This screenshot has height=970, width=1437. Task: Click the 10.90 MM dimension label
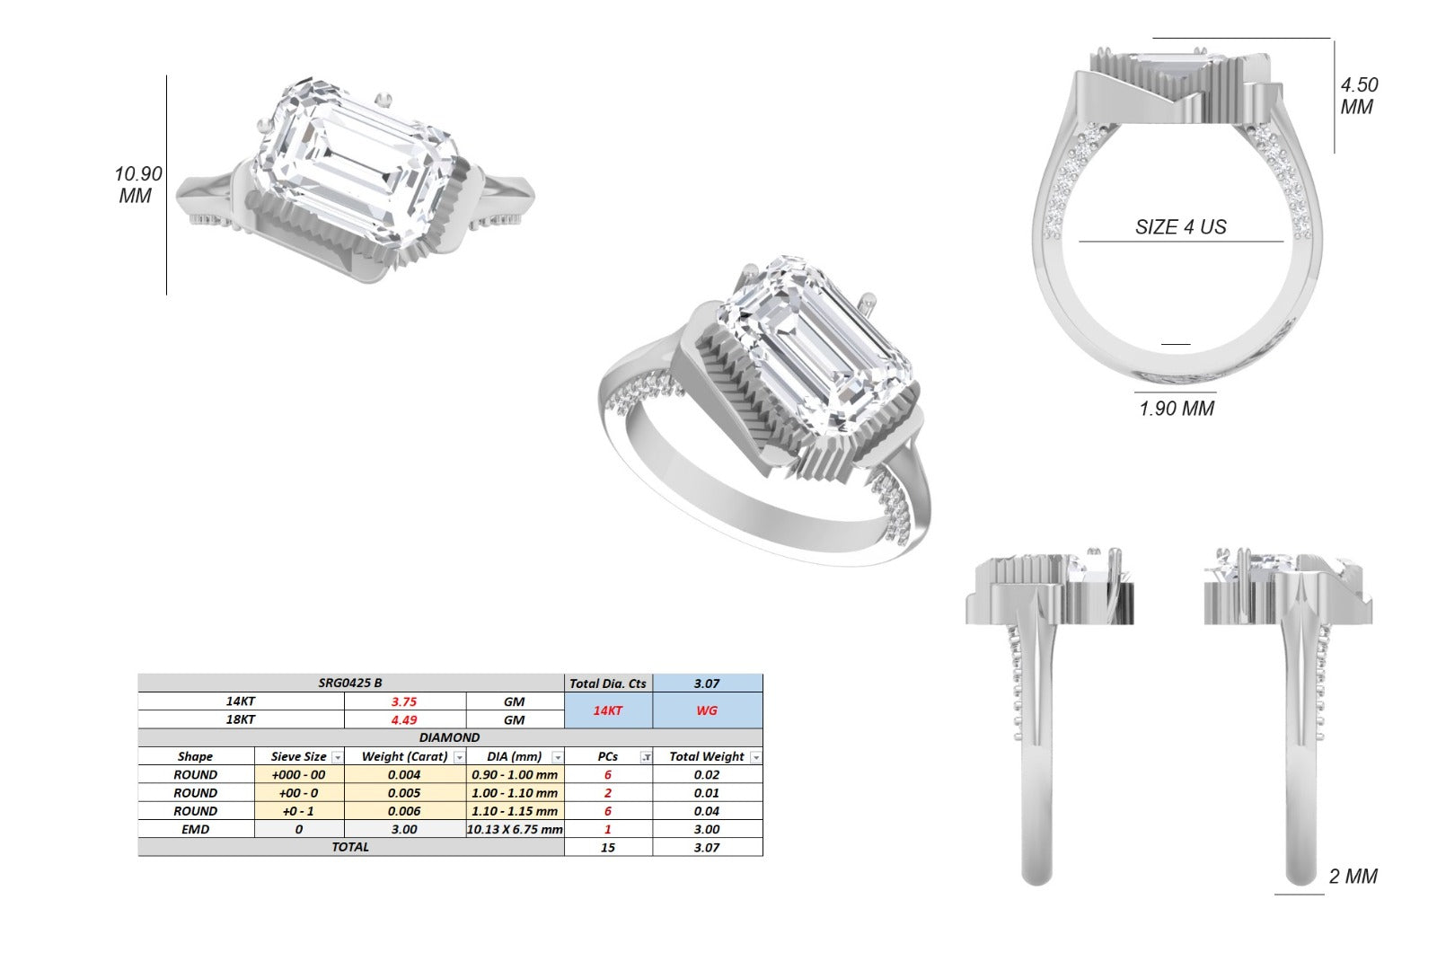pyautogui.click(x=138, y=185)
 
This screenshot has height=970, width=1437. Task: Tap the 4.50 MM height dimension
pyautogui.click(x=1359, y=95)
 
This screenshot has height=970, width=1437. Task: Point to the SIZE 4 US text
pyautogui.click(x=1180, y=226)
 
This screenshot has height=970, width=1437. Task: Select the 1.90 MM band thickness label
pyautogui.click(x=1177, y=408)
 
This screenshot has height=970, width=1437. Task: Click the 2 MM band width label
pyautogui.click(x=1353, y=876)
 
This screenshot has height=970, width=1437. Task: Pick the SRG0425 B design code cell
pyautogui.click(x=350, y=683)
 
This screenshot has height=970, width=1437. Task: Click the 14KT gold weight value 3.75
pyautogui.click(x=404, y=701)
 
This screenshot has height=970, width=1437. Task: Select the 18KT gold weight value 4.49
pyautogui.click(x=404, y=719)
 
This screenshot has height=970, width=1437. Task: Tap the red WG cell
pyautogui.click(x=707, y=710)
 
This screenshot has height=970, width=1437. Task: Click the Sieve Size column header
pyautogui.click(x=299, y=756)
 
